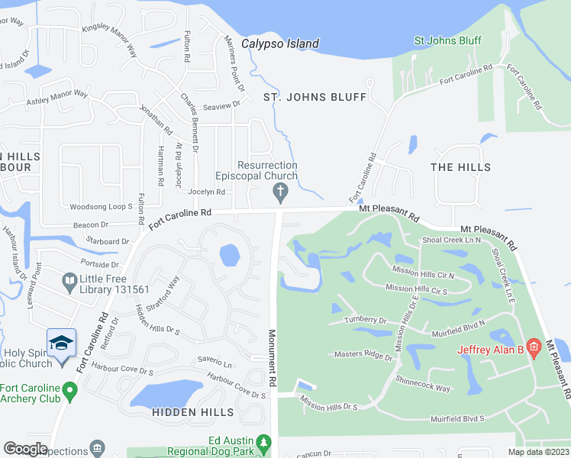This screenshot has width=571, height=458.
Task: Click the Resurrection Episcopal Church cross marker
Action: point(281,194)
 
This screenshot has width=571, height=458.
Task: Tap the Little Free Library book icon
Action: point(69,284)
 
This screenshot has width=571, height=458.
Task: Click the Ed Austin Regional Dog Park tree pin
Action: point(264,444)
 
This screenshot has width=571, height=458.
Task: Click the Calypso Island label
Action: point(280,44)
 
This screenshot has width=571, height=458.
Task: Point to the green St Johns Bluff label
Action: point(447,40)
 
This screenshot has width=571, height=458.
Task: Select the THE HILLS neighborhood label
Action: point(460,166)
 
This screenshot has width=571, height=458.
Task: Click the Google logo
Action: point(25,449)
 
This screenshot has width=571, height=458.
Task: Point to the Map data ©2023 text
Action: point(537,452)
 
